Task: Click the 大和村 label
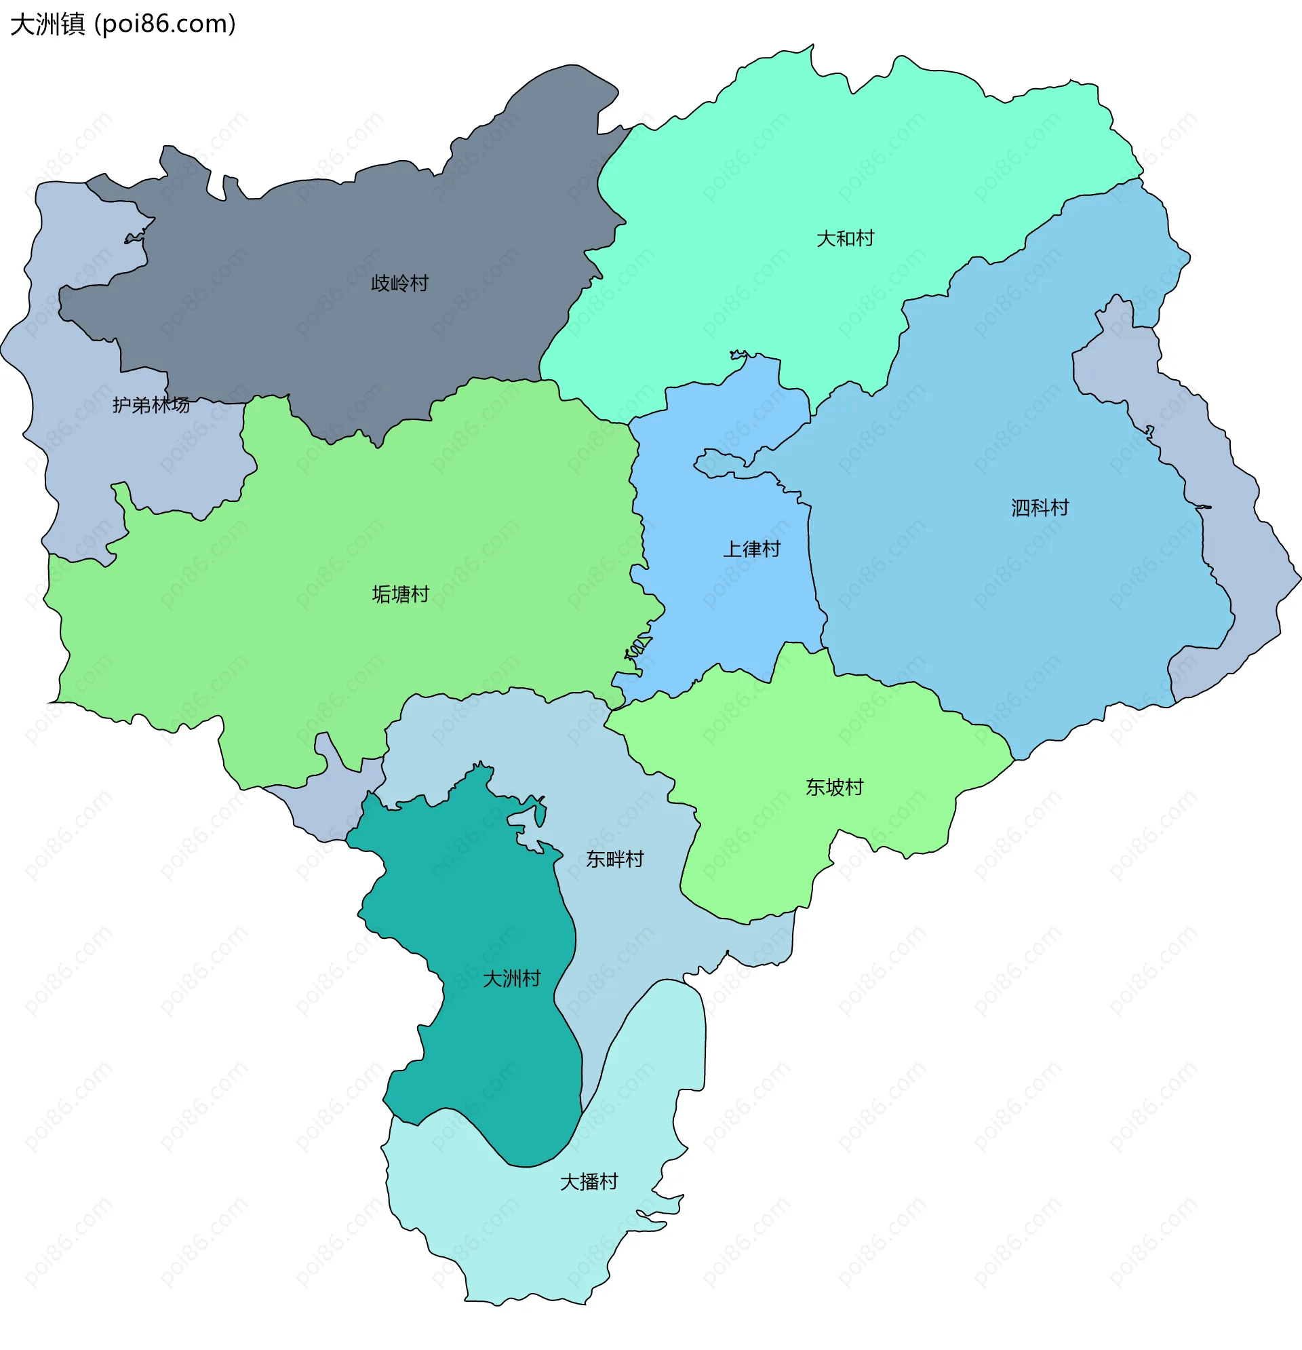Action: click(845, 238)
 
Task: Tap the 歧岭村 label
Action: click(399, 283)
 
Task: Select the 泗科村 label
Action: click(1040, 507)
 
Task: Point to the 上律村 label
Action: click(751, 549)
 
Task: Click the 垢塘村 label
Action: click(400, 594)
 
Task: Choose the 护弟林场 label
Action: click(151, 405)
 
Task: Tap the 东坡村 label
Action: click(835, 786)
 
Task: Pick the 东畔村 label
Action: click(615, 859)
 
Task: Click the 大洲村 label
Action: click(511, 978)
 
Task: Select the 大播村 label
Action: click(589, 1181)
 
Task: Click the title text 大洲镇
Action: click(47, 24)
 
